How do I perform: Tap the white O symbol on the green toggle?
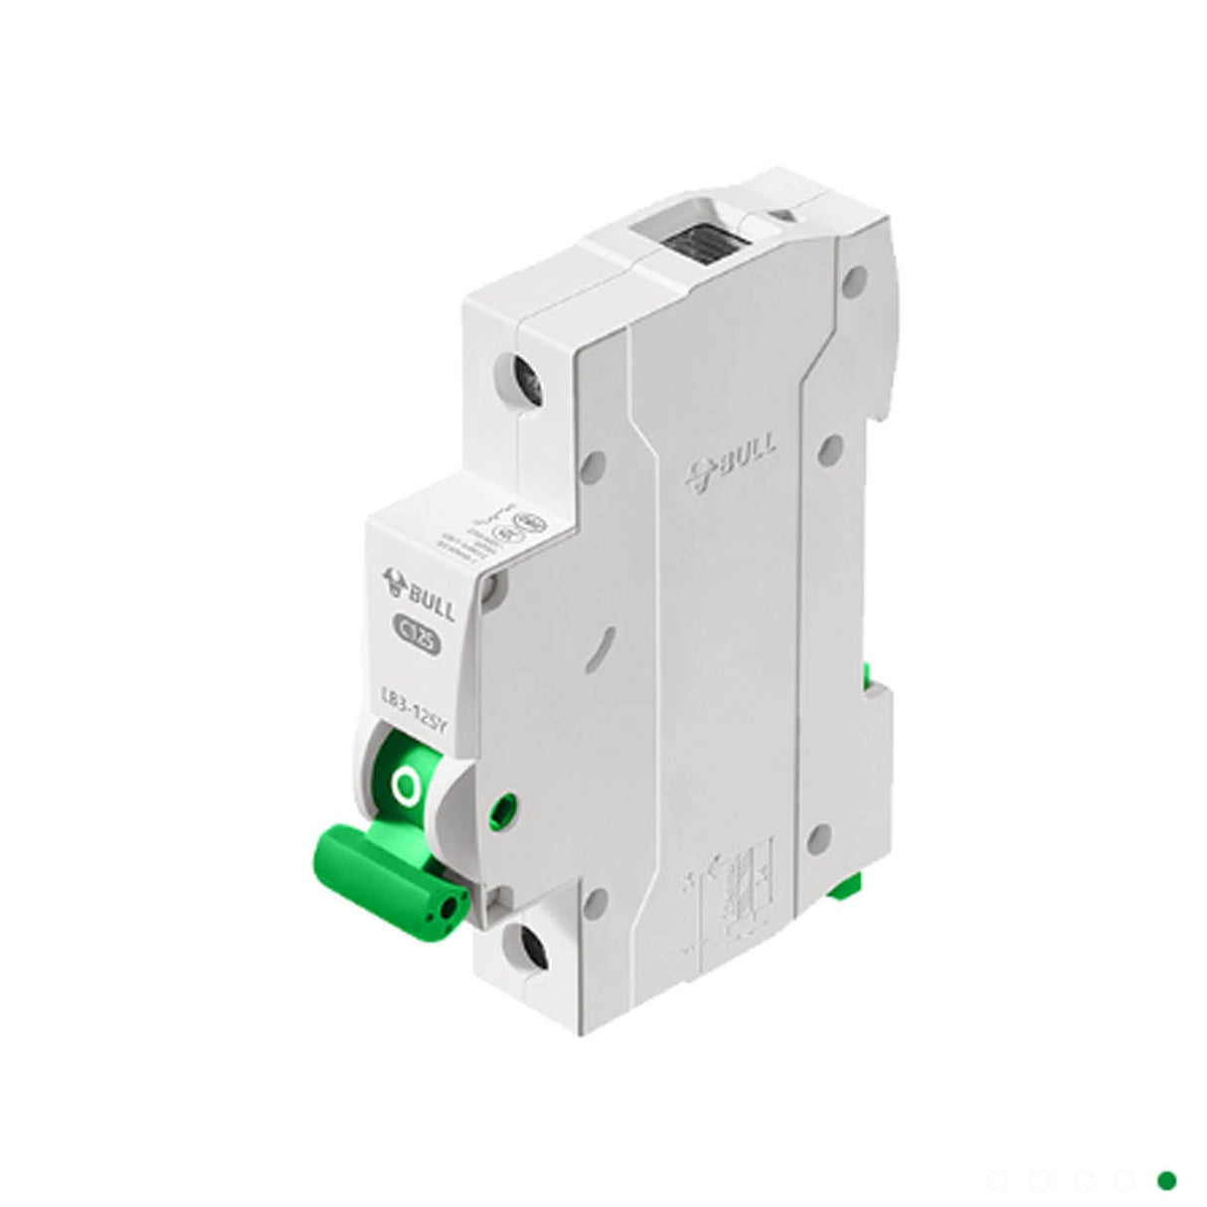(x=405, y=787)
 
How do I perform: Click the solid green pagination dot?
(x=1166, y=1179)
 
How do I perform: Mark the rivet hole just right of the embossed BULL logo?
(x=831, y=448)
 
